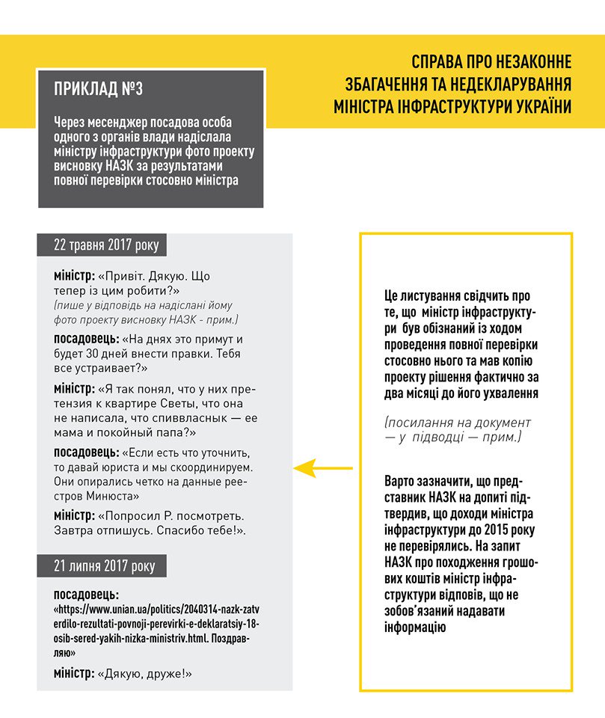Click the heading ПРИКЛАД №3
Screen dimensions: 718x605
click(98, 90)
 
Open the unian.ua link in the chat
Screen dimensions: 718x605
click(158, 623)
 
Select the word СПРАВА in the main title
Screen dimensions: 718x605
click(437, 61)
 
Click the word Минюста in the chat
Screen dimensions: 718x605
click(114, 496)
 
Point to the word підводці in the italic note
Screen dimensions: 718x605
click(452, 437)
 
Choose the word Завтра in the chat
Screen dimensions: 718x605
click(74, 530)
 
